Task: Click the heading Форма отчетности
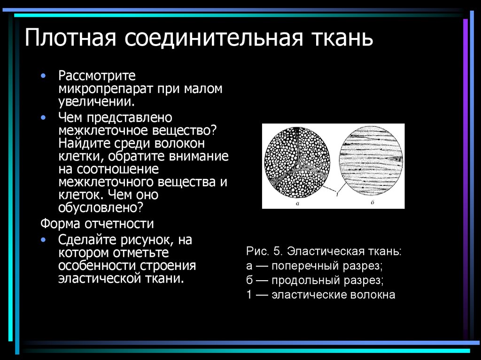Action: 97,223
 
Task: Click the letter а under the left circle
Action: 297,204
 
